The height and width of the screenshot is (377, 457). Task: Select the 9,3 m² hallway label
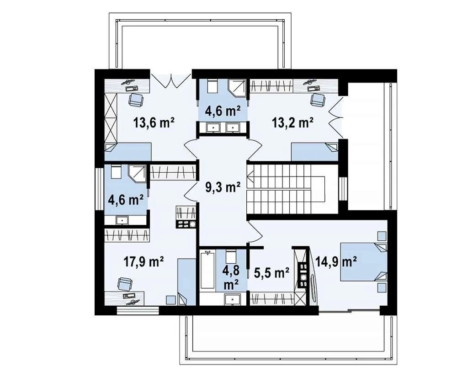coord(223,187)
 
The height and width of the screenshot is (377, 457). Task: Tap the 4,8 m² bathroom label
coord(232,277)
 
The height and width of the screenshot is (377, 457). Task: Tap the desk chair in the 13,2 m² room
coord(318,100)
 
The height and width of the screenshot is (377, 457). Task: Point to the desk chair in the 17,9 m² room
coord(125,284)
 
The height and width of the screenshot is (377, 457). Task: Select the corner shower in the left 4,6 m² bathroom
coord(137,174)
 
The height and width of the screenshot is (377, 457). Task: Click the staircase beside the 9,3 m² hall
coord(286,189)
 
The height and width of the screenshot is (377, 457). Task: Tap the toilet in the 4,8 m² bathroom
coord(232,256)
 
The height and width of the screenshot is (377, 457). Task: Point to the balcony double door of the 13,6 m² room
coord(171,80)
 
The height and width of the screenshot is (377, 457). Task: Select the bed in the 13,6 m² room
coord(128,152)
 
